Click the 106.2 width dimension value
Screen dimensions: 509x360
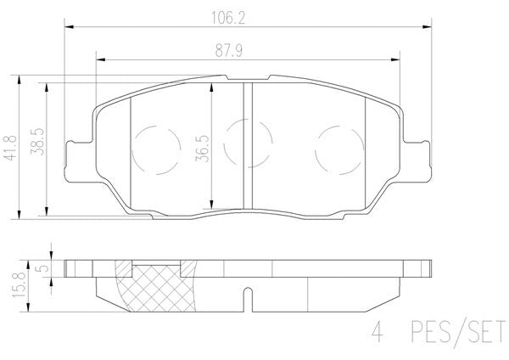pyautogui.click(x=228, y=18)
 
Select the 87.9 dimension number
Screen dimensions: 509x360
pyautogui.click(x=228, y=51)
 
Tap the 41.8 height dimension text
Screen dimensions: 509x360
pyautogui.click(x=11, y=148)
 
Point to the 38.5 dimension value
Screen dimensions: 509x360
pyautogui.click(x=37, y=142)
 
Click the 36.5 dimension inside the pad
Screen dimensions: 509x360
pyautogui.click(x=202, y=149)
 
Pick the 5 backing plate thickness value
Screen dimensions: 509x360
pyautogui.click(x=43, y=268)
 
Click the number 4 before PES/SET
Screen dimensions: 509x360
pyautogui.click(x=377, y=332)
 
